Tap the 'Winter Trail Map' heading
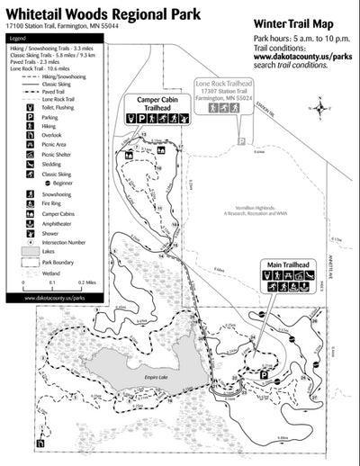pyautogui.click(x=293, y=24)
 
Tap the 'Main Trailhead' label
pyautogui.click(x=285, y=264)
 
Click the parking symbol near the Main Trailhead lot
pyautogui.click(x=264, y=372)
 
